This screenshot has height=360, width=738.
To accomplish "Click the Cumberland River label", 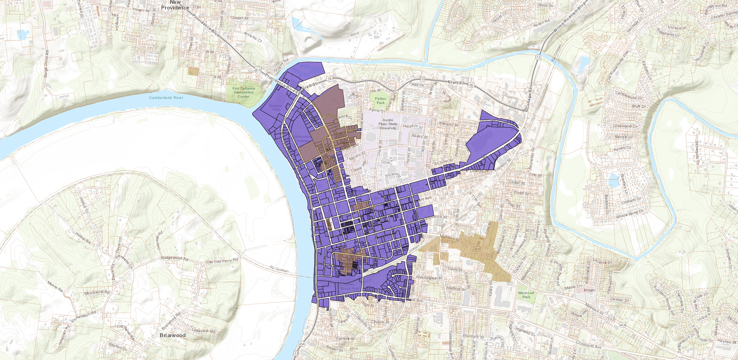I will (x=166, y=98).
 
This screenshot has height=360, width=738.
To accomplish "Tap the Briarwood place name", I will (x=172, y=335).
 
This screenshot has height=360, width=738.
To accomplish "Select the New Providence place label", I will (x=175, y=5).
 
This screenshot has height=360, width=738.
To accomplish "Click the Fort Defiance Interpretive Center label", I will (x=244, y=92).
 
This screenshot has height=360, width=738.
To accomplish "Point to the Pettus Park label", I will (x=381, y=101).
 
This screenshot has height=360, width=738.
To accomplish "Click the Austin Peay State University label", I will (x=388, y=124).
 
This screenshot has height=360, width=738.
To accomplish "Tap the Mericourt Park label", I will (x=526, y=295).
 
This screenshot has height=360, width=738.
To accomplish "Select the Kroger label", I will (x=589, y=290).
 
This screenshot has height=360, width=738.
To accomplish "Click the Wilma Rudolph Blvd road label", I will (x=569, y=17).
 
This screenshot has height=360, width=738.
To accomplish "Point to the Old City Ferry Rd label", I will (x=222, y=261).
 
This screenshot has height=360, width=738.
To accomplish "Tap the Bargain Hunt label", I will (x=276, y=107).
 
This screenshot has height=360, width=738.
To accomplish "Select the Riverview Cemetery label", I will (x=303, y=138).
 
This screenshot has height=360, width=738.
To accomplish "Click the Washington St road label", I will (x=429, y=278).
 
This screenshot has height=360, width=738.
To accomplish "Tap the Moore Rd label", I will (x=55, y=287).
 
